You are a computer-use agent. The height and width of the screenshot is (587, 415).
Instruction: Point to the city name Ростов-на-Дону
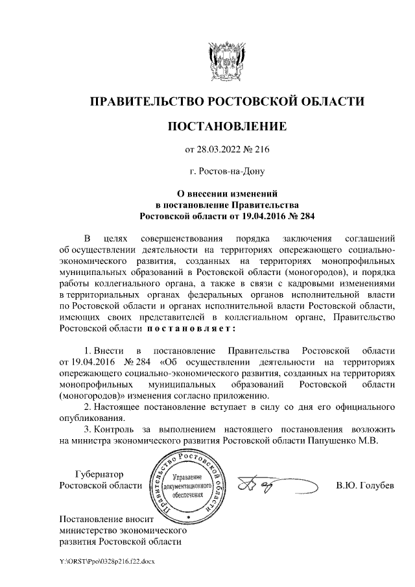[227, 173]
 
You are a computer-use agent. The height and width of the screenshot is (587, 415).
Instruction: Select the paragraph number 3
[88, 429]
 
